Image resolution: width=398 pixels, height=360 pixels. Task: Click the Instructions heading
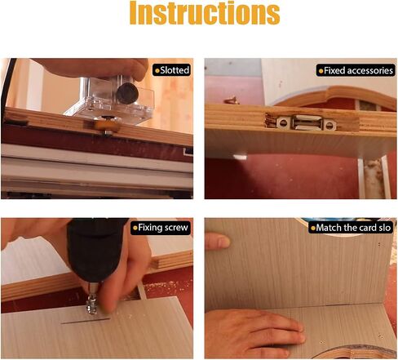205,13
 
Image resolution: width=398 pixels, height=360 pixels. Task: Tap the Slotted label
171,70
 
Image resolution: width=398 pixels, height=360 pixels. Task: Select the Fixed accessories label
356,71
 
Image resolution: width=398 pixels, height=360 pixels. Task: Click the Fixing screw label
161,228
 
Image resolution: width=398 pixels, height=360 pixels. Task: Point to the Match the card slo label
351,228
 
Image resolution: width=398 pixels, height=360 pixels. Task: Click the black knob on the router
127,93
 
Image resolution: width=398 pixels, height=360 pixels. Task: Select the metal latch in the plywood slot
307,122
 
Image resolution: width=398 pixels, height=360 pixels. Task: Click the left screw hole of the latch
283,122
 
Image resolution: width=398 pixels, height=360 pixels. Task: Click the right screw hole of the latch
329,125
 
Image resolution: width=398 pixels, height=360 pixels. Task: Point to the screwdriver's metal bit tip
91,307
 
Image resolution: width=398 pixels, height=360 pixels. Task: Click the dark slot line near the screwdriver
86,321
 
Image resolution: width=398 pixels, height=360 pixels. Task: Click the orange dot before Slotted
157,71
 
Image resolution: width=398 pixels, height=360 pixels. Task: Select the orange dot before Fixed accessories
321,71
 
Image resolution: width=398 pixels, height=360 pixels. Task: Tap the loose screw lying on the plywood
232,100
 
